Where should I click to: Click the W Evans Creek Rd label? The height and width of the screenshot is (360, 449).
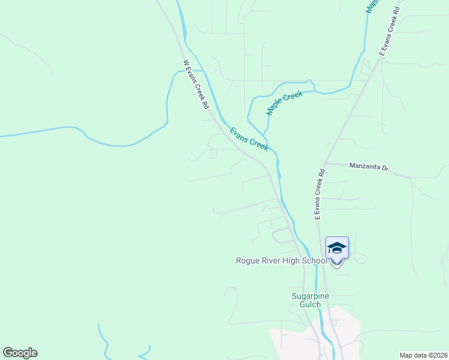tap(196, 84)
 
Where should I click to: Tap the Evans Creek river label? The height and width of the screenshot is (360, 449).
tap(249, 138)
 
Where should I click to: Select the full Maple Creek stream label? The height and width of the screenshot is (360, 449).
tap(285, 103)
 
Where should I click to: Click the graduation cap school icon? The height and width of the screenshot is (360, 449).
tap(337, 248)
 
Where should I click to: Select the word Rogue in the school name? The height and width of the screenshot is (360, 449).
tap(247, 261)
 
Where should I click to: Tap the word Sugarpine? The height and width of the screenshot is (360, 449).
tap(311, 296)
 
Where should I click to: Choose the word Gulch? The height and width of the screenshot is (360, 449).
tap(311, 304)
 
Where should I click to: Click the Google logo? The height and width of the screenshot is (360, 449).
tap(20, 353)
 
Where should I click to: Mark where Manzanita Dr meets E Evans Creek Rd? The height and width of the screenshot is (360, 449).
tap(325, 163)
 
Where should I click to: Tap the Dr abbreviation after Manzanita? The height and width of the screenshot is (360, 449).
tap(385, 168)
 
